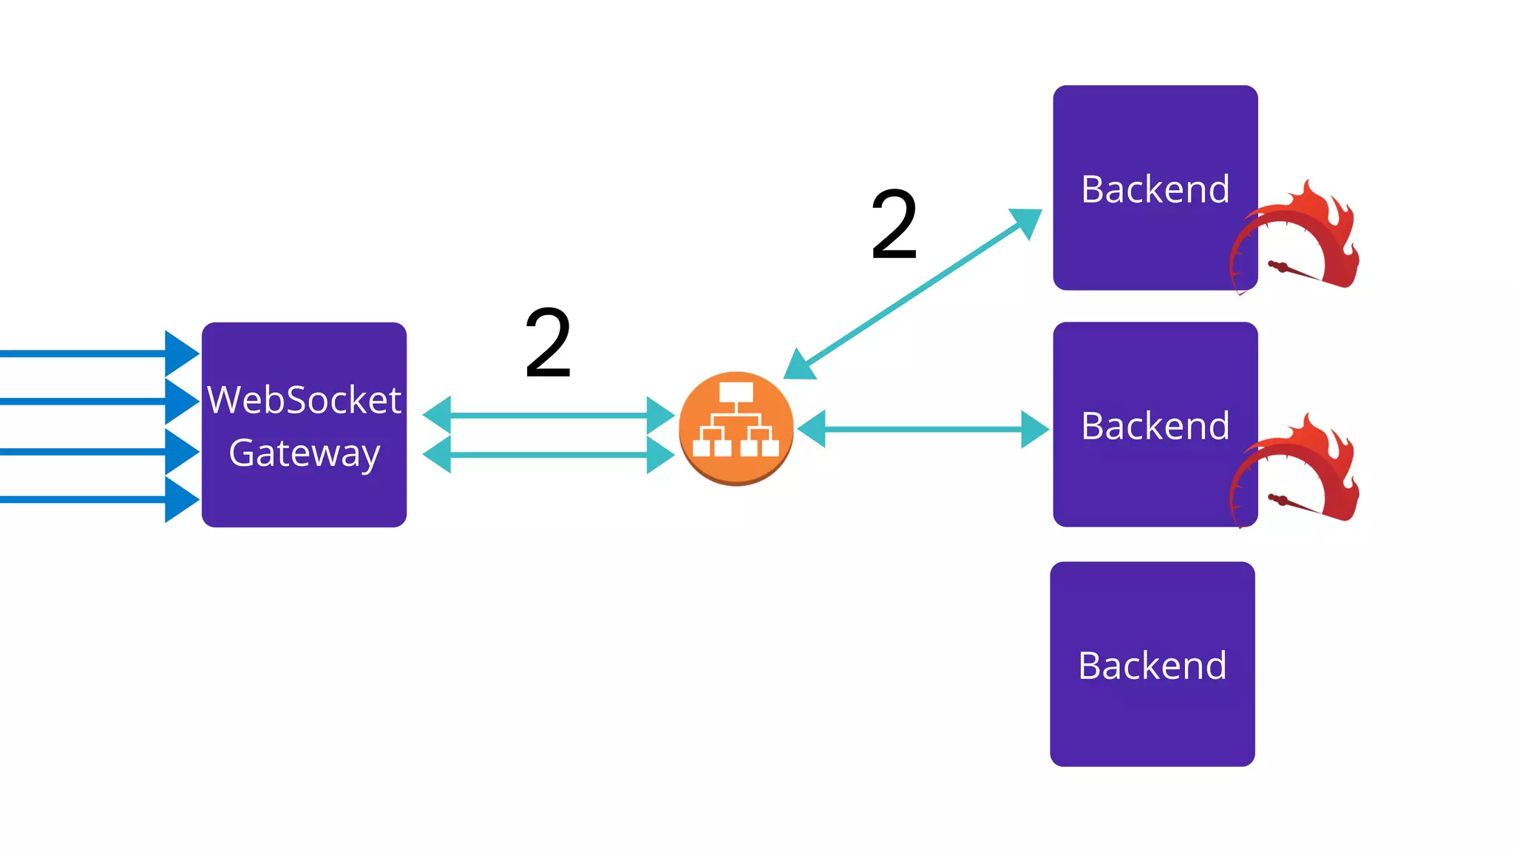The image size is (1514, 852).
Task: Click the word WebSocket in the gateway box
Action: tap(304, 400)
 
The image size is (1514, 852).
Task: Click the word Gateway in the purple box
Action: tap(304, 453)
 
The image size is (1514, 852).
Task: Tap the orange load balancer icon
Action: tap(736, 428)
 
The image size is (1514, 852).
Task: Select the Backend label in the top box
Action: tap(1155, 189)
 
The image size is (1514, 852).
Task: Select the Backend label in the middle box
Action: tap(1155, 426)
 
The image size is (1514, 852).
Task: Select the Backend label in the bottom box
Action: tap(1152, 666)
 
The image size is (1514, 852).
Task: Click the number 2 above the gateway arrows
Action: tap(548, 342)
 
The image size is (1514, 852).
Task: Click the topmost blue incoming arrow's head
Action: tap(181, 354)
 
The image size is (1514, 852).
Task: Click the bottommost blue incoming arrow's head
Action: tap(181, 499)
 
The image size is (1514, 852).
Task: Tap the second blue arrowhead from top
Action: tap(181, 401)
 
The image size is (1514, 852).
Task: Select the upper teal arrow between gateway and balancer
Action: tap(548, 415)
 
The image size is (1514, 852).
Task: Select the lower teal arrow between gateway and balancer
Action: tap(548, 454)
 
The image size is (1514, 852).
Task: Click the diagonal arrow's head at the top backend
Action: tap(1027, 221)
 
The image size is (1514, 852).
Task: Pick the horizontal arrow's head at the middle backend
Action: tap(1034, 429)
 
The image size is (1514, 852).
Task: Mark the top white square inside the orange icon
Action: tap(736, 391)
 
